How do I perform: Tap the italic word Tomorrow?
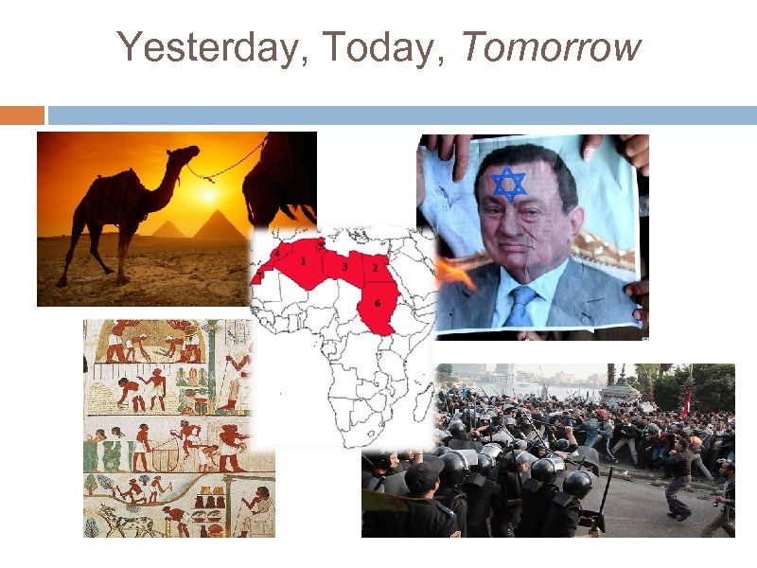(551, 47)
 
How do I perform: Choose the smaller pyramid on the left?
(167, 229)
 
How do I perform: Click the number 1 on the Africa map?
(303, 260)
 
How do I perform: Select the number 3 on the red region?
(344, 267)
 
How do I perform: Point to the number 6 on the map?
(378, 303)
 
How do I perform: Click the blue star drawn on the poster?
(509, 184)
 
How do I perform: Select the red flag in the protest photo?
(687, 398)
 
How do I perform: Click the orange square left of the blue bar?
(22, 115)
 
